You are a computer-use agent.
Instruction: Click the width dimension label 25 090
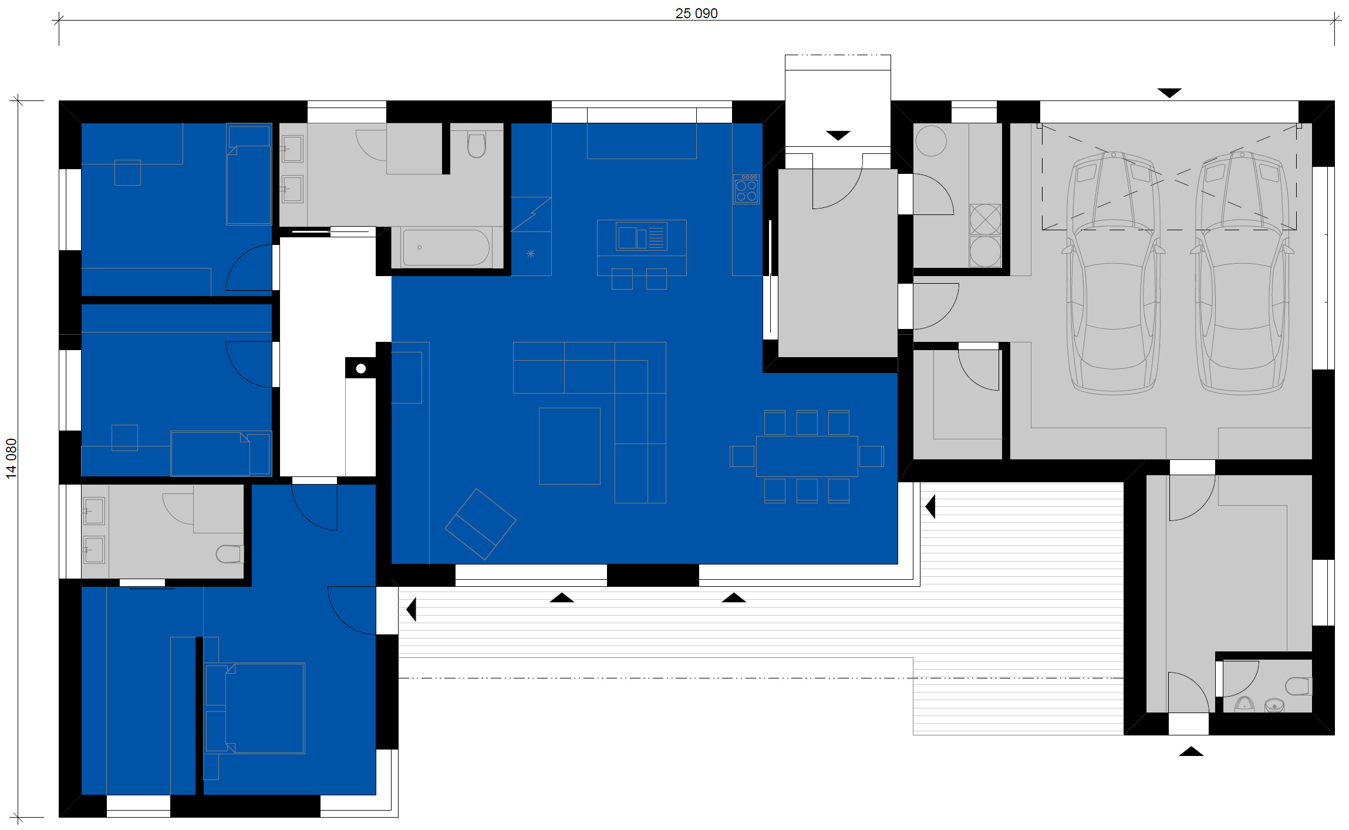tap(696, 13)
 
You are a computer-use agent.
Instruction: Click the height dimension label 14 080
tap(11, 459)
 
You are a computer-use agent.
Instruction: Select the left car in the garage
tap(1113, 273)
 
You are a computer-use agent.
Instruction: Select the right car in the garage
tap(1242, 273)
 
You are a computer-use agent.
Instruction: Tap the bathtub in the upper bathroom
tap(446, 247)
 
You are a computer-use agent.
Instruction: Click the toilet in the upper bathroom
tap(477, 145)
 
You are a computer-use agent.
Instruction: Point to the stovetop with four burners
tap(746, 189)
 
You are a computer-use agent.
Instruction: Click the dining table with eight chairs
tap(807, 456)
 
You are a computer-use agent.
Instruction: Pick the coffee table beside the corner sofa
tap(569, 446)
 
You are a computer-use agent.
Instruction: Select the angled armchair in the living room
tap(480, 524)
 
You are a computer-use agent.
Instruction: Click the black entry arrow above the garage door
tap(1169, 93)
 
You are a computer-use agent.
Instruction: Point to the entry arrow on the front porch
tap(838, 136)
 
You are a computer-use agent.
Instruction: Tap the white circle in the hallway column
tap(361, 368)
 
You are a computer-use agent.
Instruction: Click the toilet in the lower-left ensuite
tap(230, 554)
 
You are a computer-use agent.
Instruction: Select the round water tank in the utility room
tap(931, 141)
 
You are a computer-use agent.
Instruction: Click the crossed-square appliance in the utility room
tap(985, 219)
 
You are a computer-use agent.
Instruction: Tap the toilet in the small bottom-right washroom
tap(1299, 686)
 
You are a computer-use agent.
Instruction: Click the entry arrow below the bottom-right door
tap(1191, 751)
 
